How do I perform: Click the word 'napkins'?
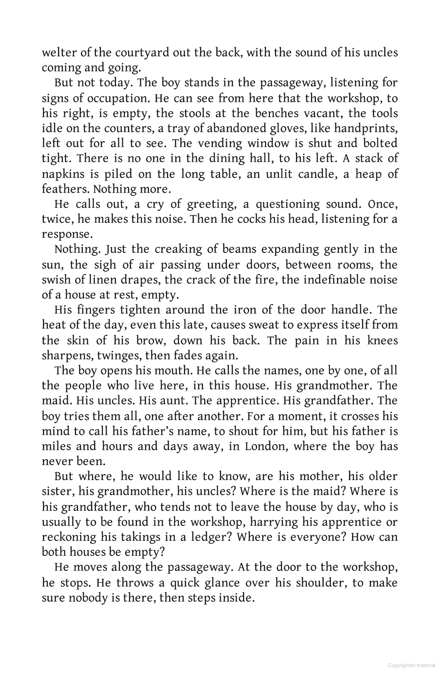[x=63, y=174]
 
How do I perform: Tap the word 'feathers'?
[x=66, y=189]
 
